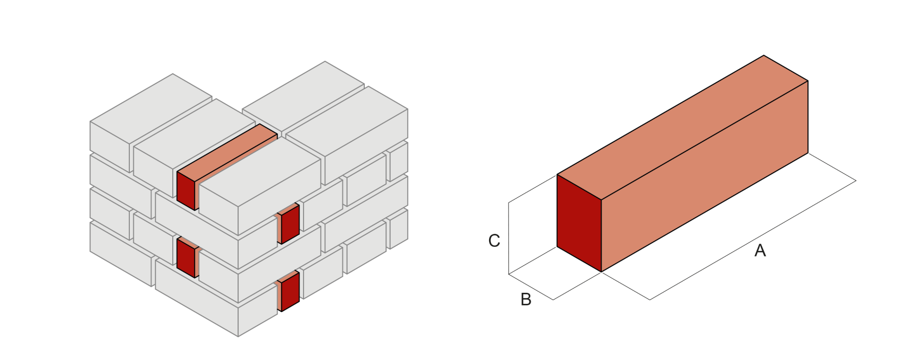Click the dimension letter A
[760, 251]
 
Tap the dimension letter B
[526, 300]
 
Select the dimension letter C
[494, 241]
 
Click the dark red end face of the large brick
[579, 223]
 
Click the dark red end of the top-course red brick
[187, 190]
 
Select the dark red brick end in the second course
[290, 224]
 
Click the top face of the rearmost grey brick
[303, 97]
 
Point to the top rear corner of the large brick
[764, 56]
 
